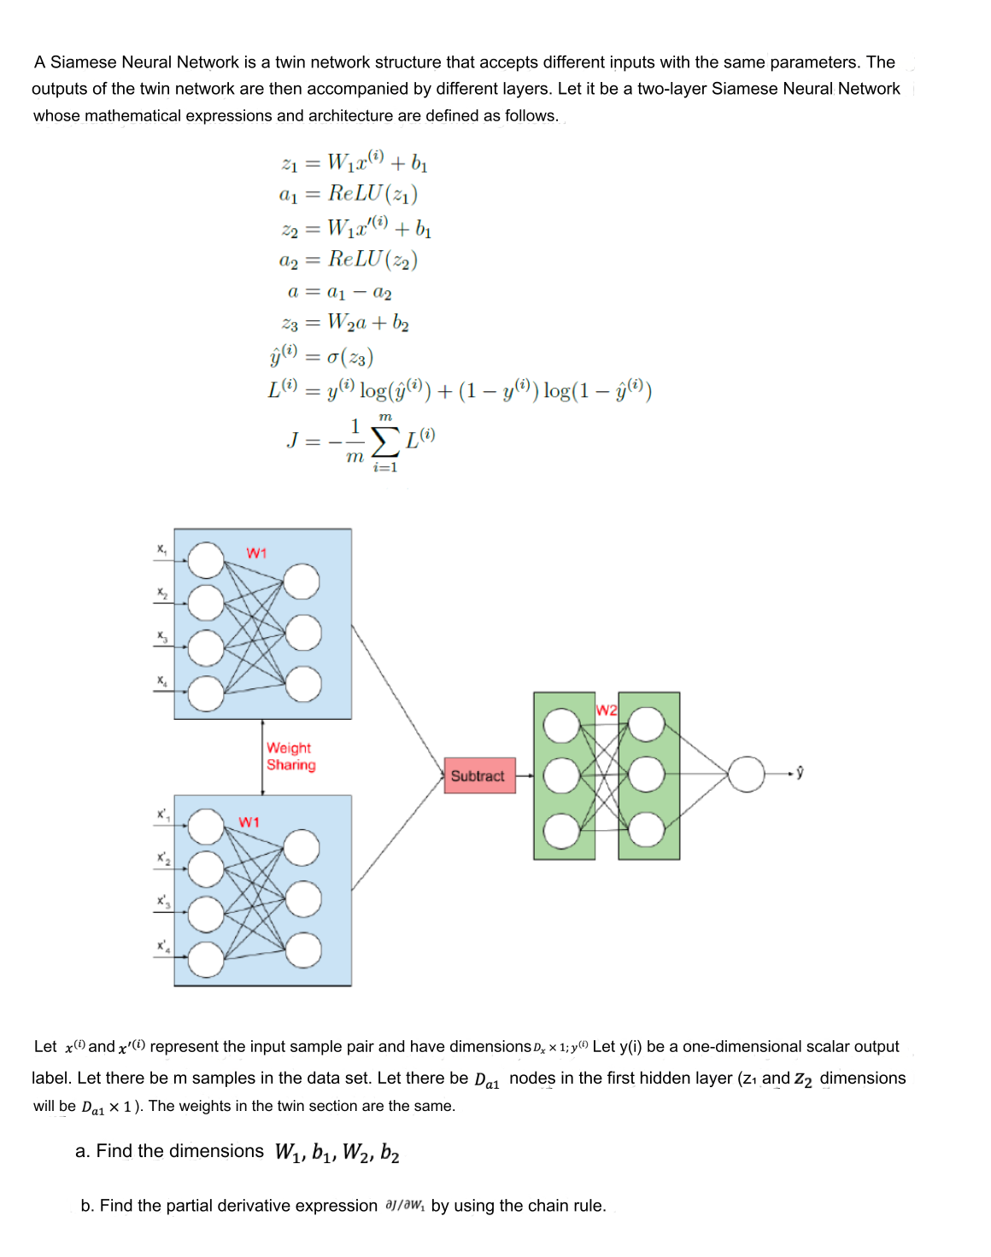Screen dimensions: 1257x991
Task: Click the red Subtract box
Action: click(479, 775)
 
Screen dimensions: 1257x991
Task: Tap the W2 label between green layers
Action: click(607, 710)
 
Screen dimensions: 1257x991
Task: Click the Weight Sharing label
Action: click(290, 757)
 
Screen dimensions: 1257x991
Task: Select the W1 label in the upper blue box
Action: click(256, 553)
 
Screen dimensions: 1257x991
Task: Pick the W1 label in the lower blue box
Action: click(249, 821)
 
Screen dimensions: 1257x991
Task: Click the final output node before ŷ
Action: click(747, 775)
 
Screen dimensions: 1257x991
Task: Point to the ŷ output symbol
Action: click(800, 774)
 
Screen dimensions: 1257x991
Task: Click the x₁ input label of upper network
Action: click(161, 549)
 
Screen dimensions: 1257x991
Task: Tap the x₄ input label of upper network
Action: click(161, 681)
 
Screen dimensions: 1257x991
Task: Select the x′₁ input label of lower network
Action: click(162, 815)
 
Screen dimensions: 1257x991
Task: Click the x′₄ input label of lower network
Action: click(162, 946)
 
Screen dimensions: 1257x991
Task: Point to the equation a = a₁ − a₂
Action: click(339, 292)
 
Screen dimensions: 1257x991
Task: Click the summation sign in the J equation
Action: click(385, 441)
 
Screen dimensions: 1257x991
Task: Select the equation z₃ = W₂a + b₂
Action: click(345, 323)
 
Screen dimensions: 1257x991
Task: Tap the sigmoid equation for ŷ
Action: click(321, 356)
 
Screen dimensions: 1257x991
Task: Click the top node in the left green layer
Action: click(561, 726)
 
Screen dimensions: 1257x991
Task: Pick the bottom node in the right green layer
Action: click(647, 828)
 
